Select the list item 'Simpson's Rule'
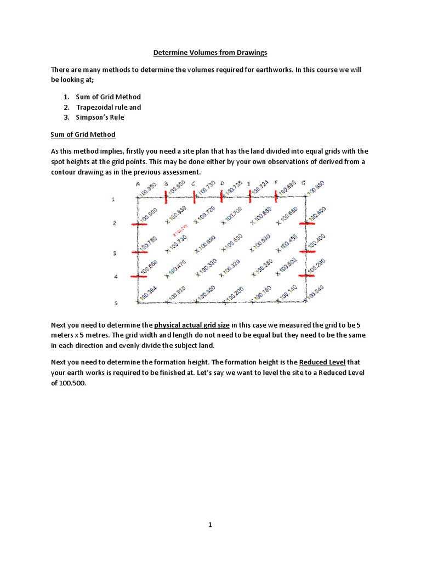101,117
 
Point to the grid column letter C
194,184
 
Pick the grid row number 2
115,223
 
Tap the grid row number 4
115,277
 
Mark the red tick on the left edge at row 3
141,252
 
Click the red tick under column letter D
222,195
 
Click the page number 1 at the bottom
210,525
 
